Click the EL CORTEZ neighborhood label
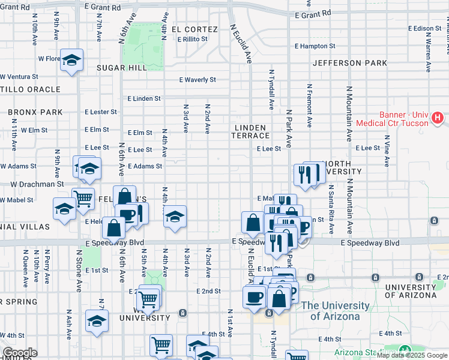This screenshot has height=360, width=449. pyautogui.click(x=194, y=29)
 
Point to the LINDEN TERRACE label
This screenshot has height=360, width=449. pyautogui.click(x=252, y=131)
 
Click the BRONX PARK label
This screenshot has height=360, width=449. pyautogui.click(x=35, y=112)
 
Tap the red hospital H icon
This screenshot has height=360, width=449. pyautogui.click(x=438, y=118)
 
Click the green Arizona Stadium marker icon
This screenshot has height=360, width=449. pyautogui.click(x=405, y=350)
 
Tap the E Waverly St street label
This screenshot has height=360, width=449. pyautogui.click(x=197, y=80)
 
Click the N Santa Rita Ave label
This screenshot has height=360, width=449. pyautogui.click(x=331, y=209)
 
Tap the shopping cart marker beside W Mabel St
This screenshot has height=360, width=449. pyautogui.click(x=83, y=198)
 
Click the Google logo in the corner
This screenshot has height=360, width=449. pyautogui.click(x=20, y=353)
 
